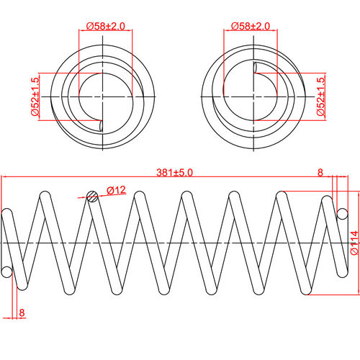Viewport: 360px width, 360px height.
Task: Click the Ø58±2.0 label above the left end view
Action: [x=105, y=26]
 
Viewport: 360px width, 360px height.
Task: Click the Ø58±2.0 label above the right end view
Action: [x=251, y=26]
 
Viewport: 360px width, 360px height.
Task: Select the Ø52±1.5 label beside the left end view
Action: [x=34, y=96]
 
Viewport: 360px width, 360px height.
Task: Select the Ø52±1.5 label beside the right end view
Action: [x=322, y=96]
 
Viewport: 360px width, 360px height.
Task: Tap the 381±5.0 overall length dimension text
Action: [x=174, y=173]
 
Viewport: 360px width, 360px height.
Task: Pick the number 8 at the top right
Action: [x=320, y=173]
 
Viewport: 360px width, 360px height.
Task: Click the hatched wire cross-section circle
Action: [x=91, y=196]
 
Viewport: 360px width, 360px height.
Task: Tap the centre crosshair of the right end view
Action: [x=251, y=96]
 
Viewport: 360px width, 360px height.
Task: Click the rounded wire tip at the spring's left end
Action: [x=6, y=271]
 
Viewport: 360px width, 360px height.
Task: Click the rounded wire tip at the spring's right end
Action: [x=343, y=213]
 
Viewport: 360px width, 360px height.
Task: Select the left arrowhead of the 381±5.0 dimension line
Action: [x=4, y=178]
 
